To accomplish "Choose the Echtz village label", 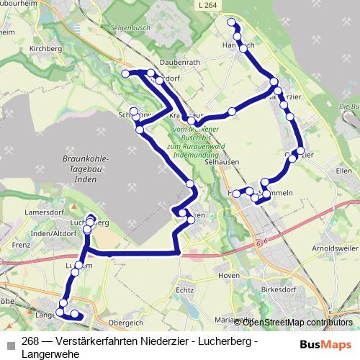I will click(x=185, y=289).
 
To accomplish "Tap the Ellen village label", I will click(x=343, y=171).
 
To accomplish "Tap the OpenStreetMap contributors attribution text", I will click(x=298, y=322).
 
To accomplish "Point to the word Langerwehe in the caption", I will click(x=52, y=354).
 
